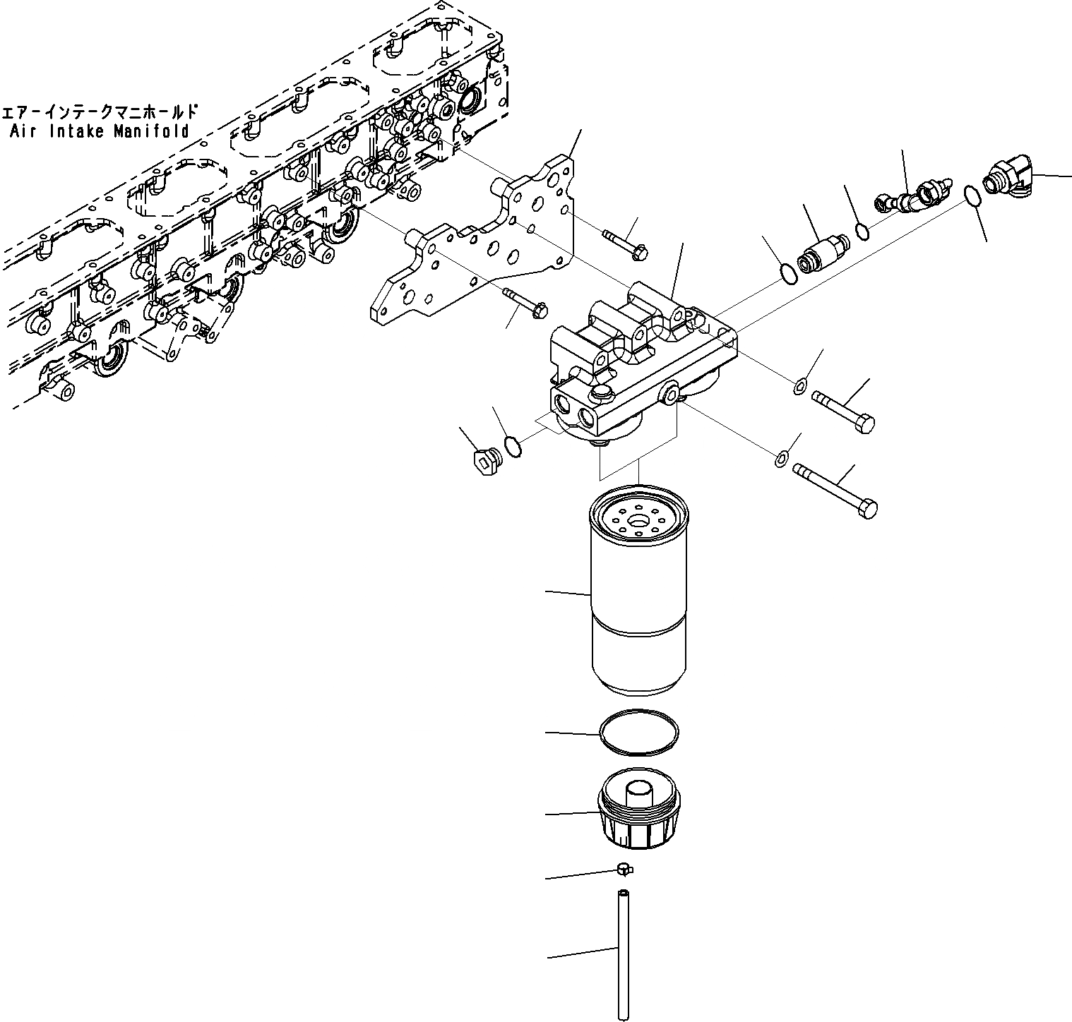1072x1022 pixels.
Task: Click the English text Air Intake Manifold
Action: point(100,131)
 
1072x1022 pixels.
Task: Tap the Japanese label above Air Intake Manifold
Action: point(100,112)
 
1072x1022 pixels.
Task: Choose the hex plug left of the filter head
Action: point(482,462)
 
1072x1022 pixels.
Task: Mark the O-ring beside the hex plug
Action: point(513,446)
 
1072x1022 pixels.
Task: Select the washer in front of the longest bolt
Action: point(782,459)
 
